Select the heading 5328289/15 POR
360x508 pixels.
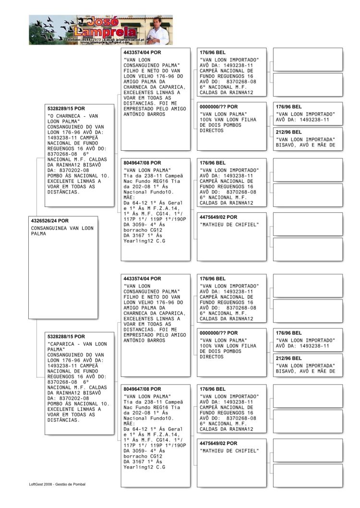[66, 109]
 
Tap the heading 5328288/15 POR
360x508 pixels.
[66, 337]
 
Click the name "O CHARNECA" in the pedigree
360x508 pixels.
[65, 116]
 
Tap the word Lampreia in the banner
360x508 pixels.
[109, 32]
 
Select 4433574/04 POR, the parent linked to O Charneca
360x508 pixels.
[142, 52]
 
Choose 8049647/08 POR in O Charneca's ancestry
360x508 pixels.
[142, 163]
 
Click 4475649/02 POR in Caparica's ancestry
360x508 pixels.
[218, 443]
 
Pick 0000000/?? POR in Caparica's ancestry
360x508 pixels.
[218, 333]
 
